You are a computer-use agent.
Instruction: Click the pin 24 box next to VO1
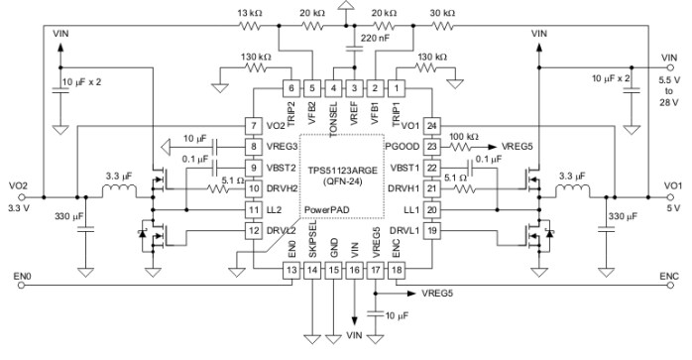(x=431, y=126)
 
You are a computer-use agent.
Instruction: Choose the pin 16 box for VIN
(x=354, y=269)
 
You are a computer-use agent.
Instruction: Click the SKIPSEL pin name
(x=312, y=246)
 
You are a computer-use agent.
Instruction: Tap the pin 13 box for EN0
(x=291, y=269)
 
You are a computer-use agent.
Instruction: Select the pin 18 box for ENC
(x=396, y=269)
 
